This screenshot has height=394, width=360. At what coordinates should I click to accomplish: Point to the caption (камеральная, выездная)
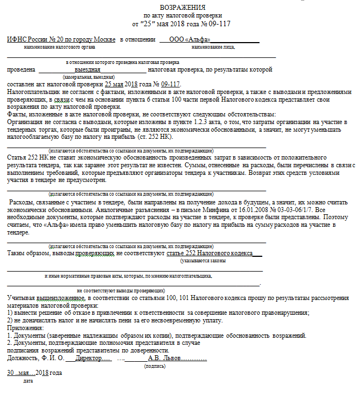tap(88, 77)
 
